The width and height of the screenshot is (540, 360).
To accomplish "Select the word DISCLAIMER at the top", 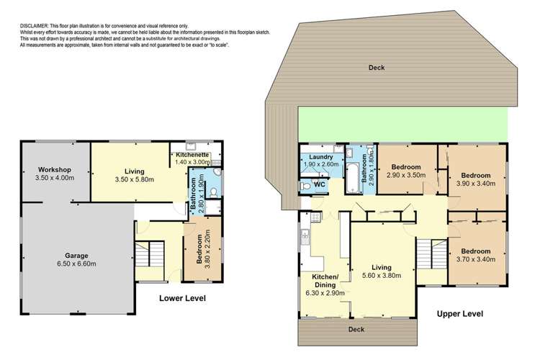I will (31, 27).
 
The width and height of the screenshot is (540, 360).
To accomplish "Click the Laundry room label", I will (320, 157).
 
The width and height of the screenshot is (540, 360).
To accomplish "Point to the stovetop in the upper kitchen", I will (315, 217).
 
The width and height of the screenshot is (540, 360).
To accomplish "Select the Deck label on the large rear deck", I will (376, 68).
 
